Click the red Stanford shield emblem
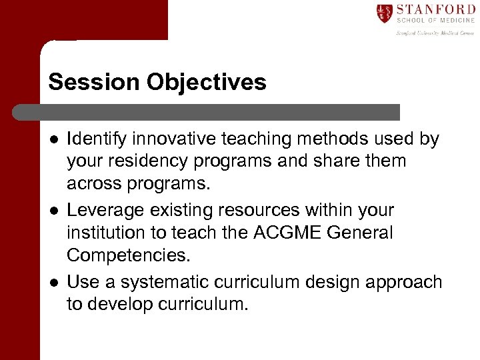384,13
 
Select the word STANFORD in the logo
435,9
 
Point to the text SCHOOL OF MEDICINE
435,21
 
